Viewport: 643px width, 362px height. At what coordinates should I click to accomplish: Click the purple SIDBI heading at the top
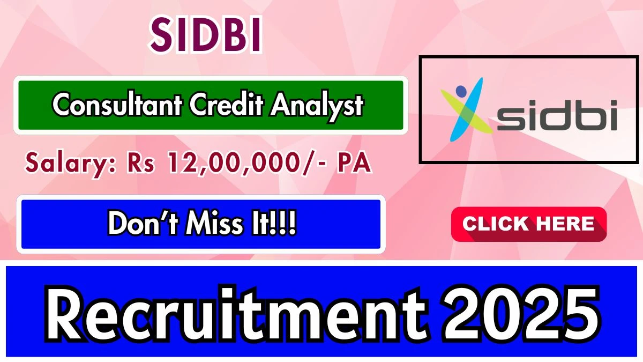click(206, 35)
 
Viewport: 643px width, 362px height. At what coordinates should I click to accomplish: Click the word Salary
click(70, 164)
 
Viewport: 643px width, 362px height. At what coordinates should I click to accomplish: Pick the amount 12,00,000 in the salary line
click(233, 163)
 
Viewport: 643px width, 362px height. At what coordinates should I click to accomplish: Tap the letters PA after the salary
click(354, 162)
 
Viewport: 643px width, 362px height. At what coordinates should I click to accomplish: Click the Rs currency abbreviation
click(140, 162)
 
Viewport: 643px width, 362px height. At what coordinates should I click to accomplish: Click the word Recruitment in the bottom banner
click(235, 313)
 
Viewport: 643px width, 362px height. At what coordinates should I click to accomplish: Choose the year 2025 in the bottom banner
click(520, 313)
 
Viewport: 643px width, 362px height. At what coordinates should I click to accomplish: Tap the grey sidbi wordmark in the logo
click(557, 115)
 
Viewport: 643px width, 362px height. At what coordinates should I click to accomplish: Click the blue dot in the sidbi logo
click(461, 91)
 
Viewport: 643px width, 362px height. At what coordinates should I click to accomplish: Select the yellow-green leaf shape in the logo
click(467, 112)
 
